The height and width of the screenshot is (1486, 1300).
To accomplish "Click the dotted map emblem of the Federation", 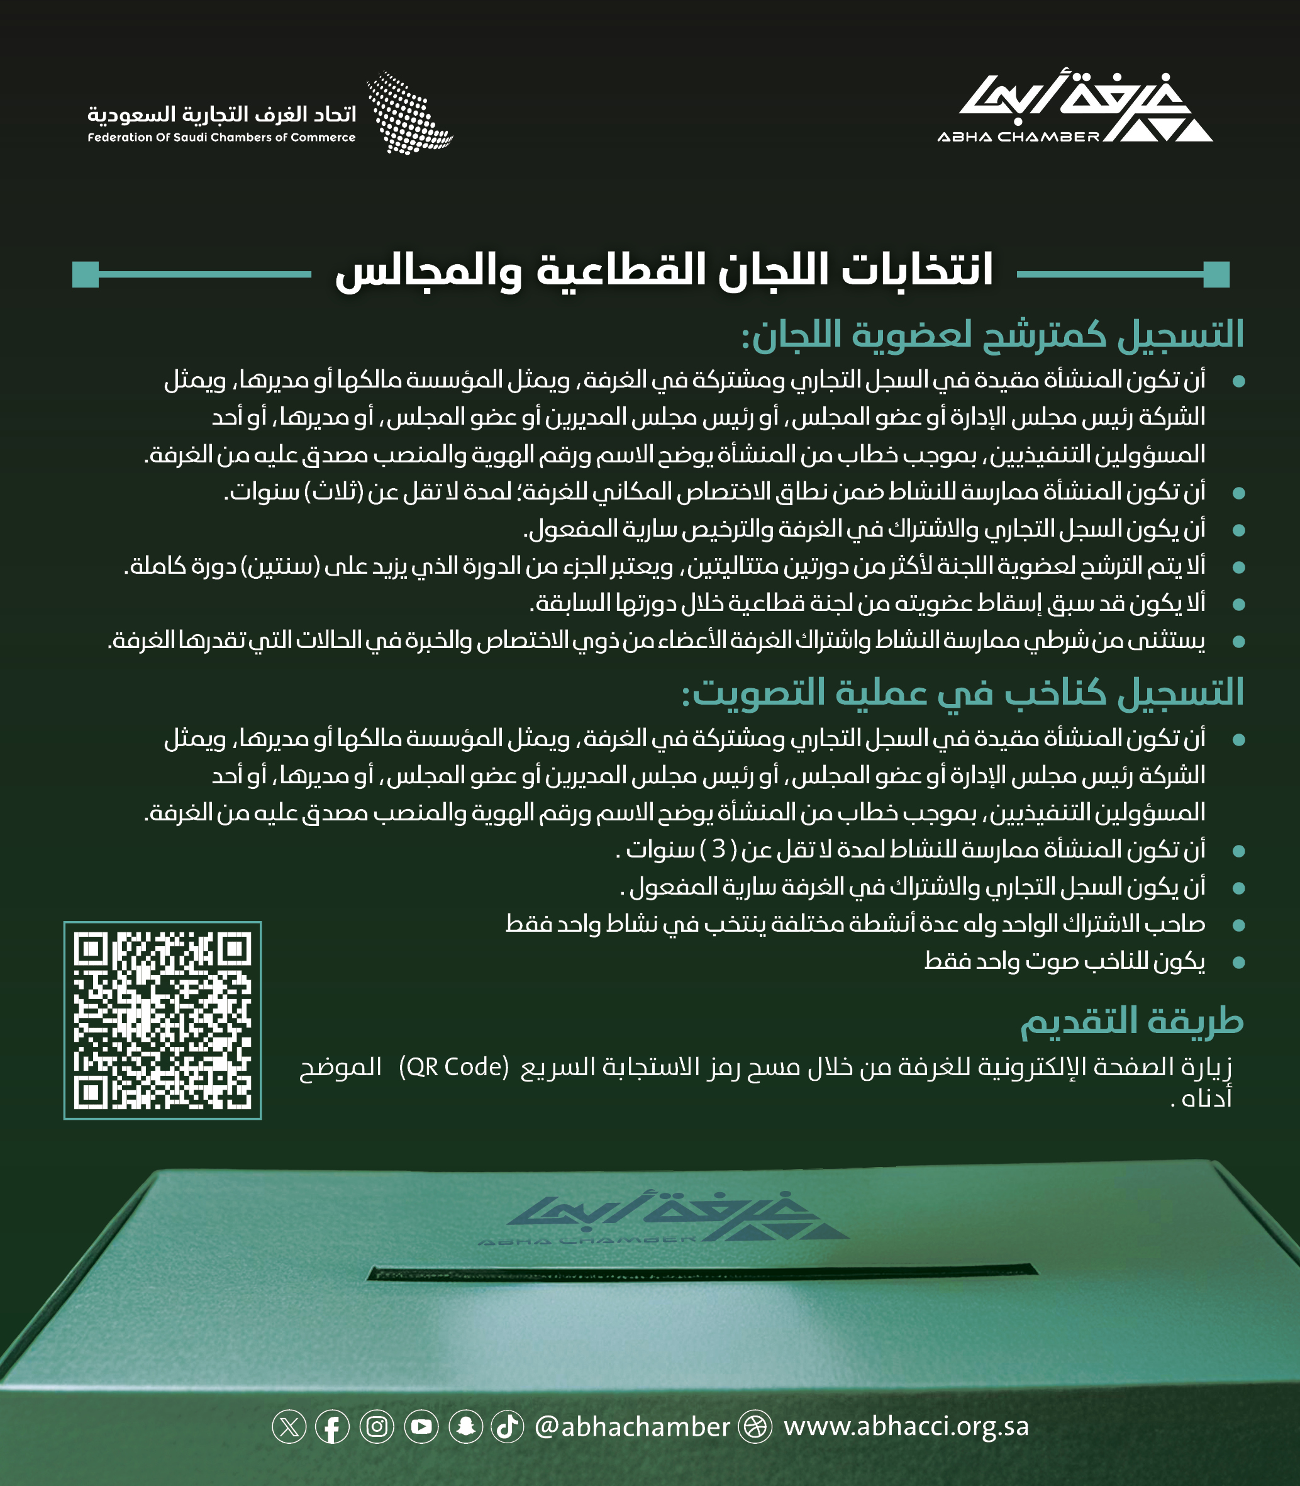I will pos(410,113).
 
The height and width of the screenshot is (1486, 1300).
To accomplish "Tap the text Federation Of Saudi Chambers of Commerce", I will pos(221,138).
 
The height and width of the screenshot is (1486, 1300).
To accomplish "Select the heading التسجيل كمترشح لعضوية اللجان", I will pos(992,335).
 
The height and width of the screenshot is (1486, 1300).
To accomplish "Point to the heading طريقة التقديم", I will pos(1131,1022).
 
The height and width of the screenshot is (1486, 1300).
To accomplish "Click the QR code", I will pos(162,1020).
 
